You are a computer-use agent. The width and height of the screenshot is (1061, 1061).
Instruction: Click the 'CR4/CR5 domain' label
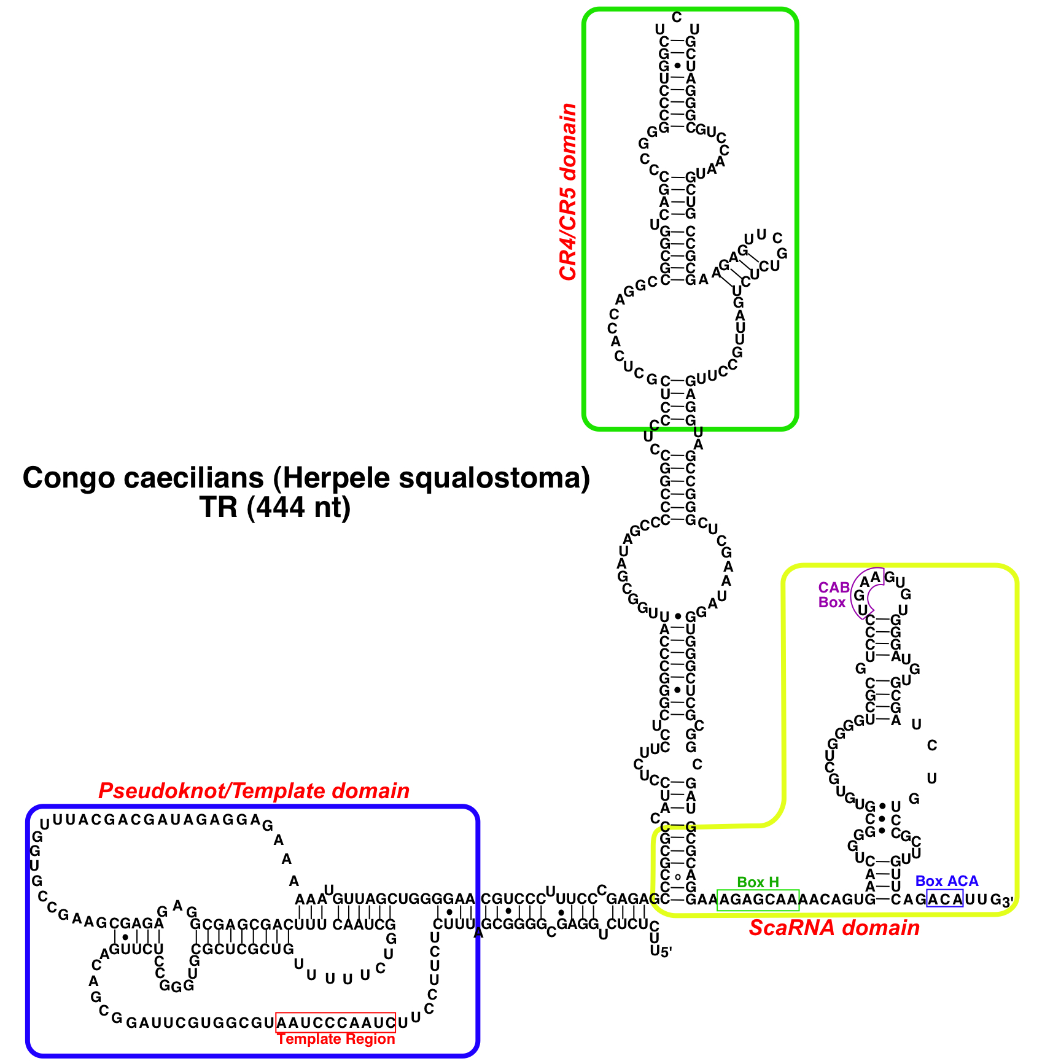click(569, 192)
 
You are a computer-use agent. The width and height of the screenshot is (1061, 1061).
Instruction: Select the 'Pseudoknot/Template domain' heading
click(254, 791)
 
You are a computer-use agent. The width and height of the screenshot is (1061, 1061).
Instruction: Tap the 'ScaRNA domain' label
click(834, 928)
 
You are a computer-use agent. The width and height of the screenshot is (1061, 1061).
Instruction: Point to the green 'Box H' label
click(758, 882)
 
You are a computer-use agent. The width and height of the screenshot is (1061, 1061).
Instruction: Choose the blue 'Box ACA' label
click(946, 882)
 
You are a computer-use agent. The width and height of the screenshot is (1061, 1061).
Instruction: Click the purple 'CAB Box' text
click(833, 595)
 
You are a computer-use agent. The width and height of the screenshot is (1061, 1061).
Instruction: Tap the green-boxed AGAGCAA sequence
click(758, 900)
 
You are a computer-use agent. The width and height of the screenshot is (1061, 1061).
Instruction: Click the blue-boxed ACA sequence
click(944, 900)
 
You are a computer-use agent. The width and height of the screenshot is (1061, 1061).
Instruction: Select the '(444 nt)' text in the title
click(299, 508)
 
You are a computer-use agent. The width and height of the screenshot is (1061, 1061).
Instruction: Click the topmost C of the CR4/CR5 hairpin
click(676, 17)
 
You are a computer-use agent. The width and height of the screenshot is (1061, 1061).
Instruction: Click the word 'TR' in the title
click(219, 508)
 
